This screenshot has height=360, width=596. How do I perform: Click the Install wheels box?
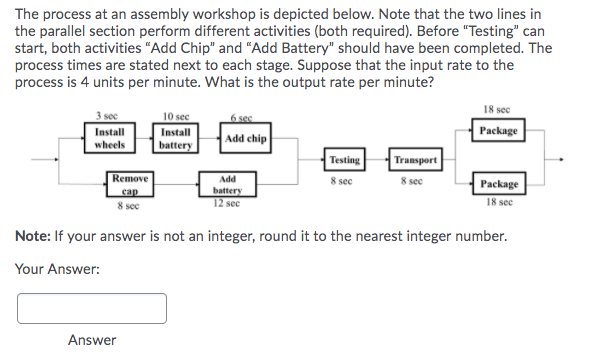tap(110, 138)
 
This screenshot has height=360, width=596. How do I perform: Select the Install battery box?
tap(176, 138)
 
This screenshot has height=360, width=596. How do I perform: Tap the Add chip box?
tap(246, 138)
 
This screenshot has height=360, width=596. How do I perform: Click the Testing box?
tap(344, 159)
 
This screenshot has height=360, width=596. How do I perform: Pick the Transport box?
tap(414, 159)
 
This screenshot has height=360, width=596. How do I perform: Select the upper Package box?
tap(498, 131)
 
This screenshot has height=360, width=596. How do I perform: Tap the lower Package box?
tap(498, 184)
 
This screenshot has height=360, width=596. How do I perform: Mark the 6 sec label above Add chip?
tap(240, 117)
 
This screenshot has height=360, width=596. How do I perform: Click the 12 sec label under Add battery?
tap(227, 203)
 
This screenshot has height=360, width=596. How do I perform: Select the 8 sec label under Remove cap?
tap(127, 205)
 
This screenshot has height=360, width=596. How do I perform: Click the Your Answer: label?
tap(57, 269)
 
